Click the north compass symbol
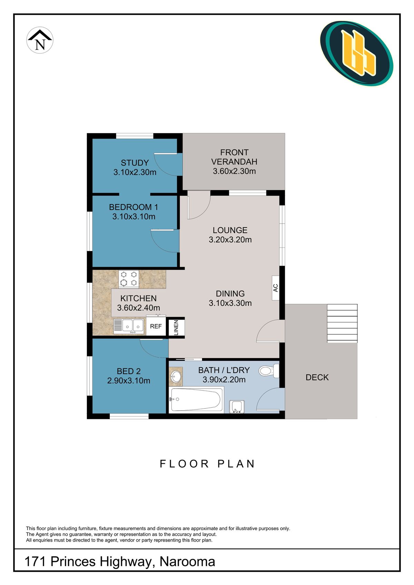pyautogui.click(x=40, y=40)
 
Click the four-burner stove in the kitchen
pyautogui.click(x=129, y=279)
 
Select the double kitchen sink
pyautogui.click(x=129, y=326)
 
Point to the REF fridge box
pyautogui.click(x=156, y=326)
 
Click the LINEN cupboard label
pyautogui.click(x=176, y=327)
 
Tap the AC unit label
pyautogui.click(x=275, y=288)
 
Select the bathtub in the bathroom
pyautogui.click(x=196, y=400)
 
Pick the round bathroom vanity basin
pyautogui.click(x=175, y=376)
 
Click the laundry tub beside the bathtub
pyautogui.click(x=237, y=407)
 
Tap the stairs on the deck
pyautogui.click(x=342, y=323)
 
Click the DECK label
pyautogui.click(x=317, y=377)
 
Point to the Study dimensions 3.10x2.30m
pyautogui.click(x=135, y=172)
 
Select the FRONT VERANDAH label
pyautogui.click(x=234, y=157)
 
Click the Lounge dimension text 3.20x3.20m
pyautogui.click(x=230, y=240)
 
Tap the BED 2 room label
pyautogui.click(x=129, y=371)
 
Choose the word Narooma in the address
pyautogui.click(x=187, y=562)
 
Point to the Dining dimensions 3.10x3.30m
pyautogui.click(x=230, y=303)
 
